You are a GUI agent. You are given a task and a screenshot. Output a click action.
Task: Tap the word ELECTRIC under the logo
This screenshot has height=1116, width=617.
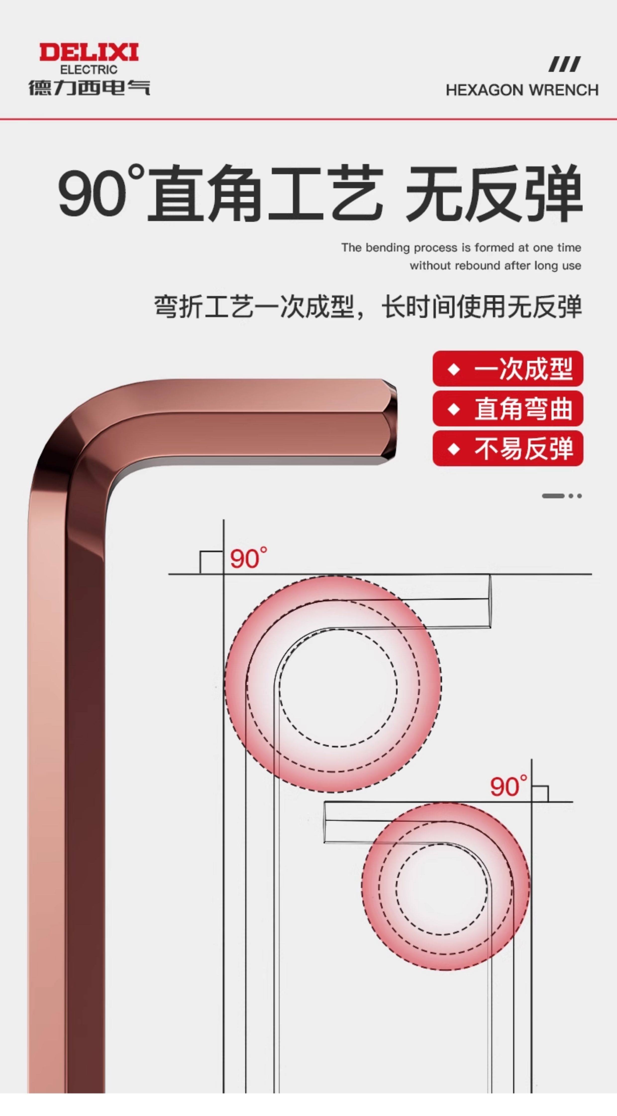(89, 70)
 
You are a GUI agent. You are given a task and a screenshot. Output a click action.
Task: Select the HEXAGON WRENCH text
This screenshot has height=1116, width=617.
(522, 90)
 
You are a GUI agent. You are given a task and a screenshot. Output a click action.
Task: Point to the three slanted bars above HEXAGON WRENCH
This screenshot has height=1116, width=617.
(564, 64)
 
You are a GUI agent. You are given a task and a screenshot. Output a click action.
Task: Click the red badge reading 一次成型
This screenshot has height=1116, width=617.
(508, 369)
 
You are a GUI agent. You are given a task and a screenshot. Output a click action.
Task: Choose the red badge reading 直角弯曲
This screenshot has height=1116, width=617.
(508, 408)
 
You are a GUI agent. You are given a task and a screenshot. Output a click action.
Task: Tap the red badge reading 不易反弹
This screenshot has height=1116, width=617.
(508, 448)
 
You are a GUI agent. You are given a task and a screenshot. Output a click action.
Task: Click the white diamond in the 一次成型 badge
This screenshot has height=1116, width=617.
(453, 369)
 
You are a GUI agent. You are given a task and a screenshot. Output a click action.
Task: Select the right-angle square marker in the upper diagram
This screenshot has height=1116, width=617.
(211, 562)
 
